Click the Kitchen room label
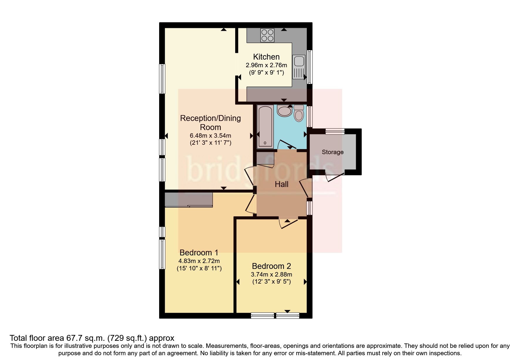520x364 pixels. [x=266, y=57]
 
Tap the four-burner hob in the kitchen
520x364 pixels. [x=267, y=35]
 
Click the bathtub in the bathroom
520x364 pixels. [x=265, y=126]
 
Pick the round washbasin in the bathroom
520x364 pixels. [x=284, y=111]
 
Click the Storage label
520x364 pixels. [x=332, y=152]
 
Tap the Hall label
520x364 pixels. [x=282, y=184]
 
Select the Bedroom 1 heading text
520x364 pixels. [x=199, y=252]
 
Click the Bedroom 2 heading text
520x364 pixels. [x=271, y=266]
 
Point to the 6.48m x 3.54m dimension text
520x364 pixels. [x=210, y=136]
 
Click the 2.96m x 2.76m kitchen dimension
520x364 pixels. [x=266, y=65]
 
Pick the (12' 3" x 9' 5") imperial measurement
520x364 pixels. [x=271, y=282]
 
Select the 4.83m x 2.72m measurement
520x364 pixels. [x=199, y=261]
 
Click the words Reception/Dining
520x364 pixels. [x=210, y=118]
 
